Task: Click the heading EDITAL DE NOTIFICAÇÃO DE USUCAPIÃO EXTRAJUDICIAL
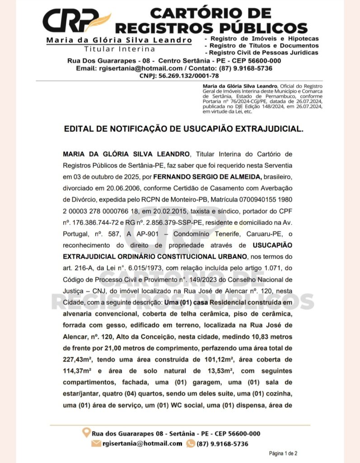point(183,129)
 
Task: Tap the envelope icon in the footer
point(96,444)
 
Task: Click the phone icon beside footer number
point(191,444)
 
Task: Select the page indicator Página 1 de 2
point(283,453)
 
